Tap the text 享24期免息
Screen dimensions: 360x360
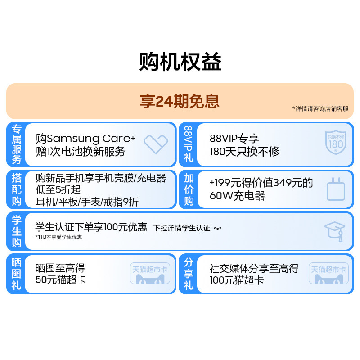point(180,101)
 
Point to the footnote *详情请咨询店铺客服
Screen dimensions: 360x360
point(320,109)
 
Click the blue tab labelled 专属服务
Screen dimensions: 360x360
point(16,144)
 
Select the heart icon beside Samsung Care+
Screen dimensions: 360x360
point(156,144)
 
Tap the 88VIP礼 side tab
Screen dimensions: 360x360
point(189,144)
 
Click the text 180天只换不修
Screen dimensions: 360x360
point(244,152)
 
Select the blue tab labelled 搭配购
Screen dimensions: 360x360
point(16,189)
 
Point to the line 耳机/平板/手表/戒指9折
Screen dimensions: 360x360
point(87,202)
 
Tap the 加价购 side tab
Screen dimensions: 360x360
point(189,189)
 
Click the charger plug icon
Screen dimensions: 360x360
point(335,189)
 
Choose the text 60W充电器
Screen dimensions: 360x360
point(237,196)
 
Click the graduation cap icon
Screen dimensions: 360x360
point(335,231)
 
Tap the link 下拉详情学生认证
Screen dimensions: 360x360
point(182,228)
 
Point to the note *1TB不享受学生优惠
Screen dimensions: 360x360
point(58,237)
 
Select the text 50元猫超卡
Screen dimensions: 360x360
point(61,280)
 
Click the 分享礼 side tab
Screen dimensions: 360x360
point(189,274)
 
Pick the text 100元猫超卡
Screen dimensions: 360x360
point(237,280)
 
